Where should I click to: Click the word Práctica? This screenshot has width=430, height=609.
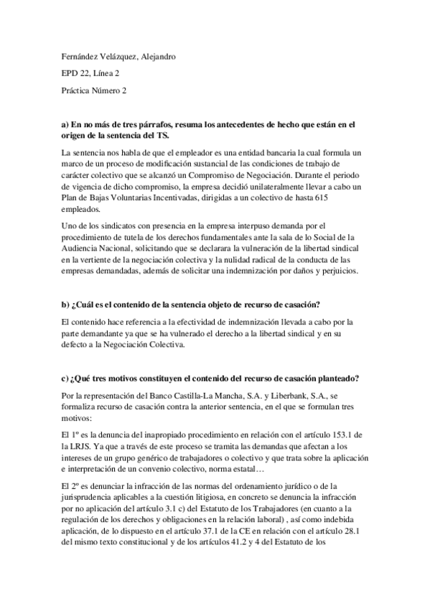point(77,90)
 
